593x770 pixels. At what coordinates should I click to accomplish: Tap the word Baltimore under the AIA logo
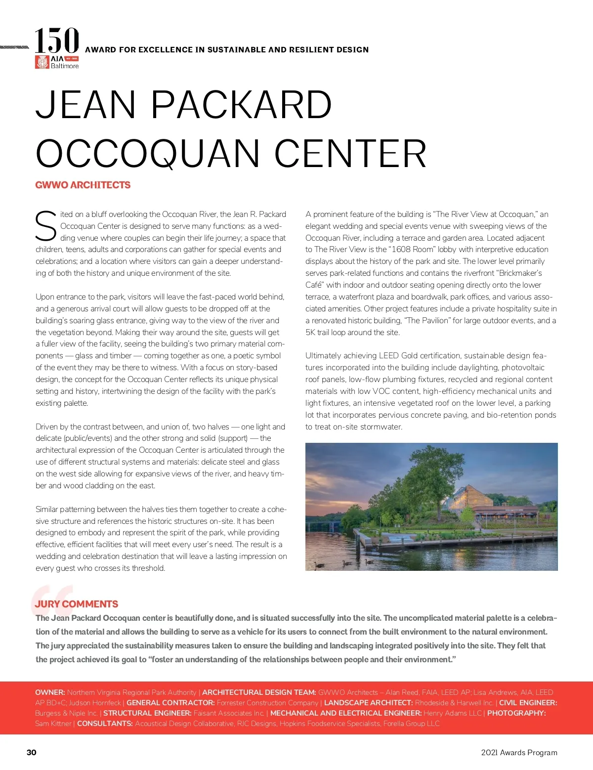65,66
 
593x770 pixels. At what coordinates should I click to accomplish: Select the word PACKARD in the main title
241,105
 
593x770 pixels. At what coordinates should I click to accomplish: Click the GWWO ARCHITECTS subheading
83,185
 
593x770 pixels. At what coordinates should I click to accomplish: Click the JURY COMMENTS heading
77,604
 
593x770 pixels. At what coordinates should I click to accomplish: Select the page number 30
32,752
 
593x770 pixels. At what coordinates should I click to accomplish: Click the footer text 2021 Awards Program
519,752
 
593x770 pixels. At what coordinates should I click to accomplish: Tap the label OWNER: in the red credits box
50,692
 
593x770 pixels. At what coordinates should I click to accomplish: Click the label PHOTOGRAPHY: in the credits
516,713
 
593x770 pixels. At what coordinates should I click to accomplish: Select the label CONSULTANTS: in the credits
105,724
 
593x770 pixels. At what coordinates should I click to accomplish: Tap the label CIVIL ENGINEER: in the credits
528,703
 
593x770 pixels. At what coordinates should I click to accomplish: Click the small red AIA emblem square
42,62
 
